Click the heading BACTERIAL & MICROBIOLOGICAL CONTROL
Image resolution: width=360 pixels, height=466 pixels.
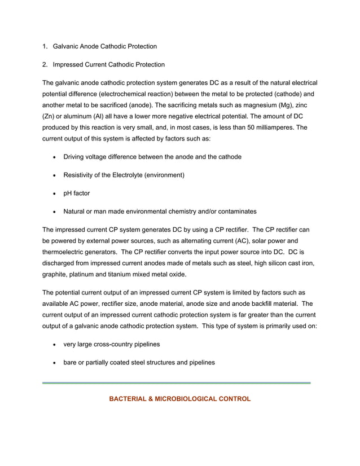click(179, 399)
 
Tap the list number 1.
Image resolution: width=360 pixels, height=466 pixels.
click(45, 46)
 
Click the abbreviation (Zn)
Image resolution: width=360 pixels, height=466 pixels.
click(49, 117)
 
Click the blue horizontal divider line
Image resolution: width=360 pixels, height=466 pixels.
click(177, 383)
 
